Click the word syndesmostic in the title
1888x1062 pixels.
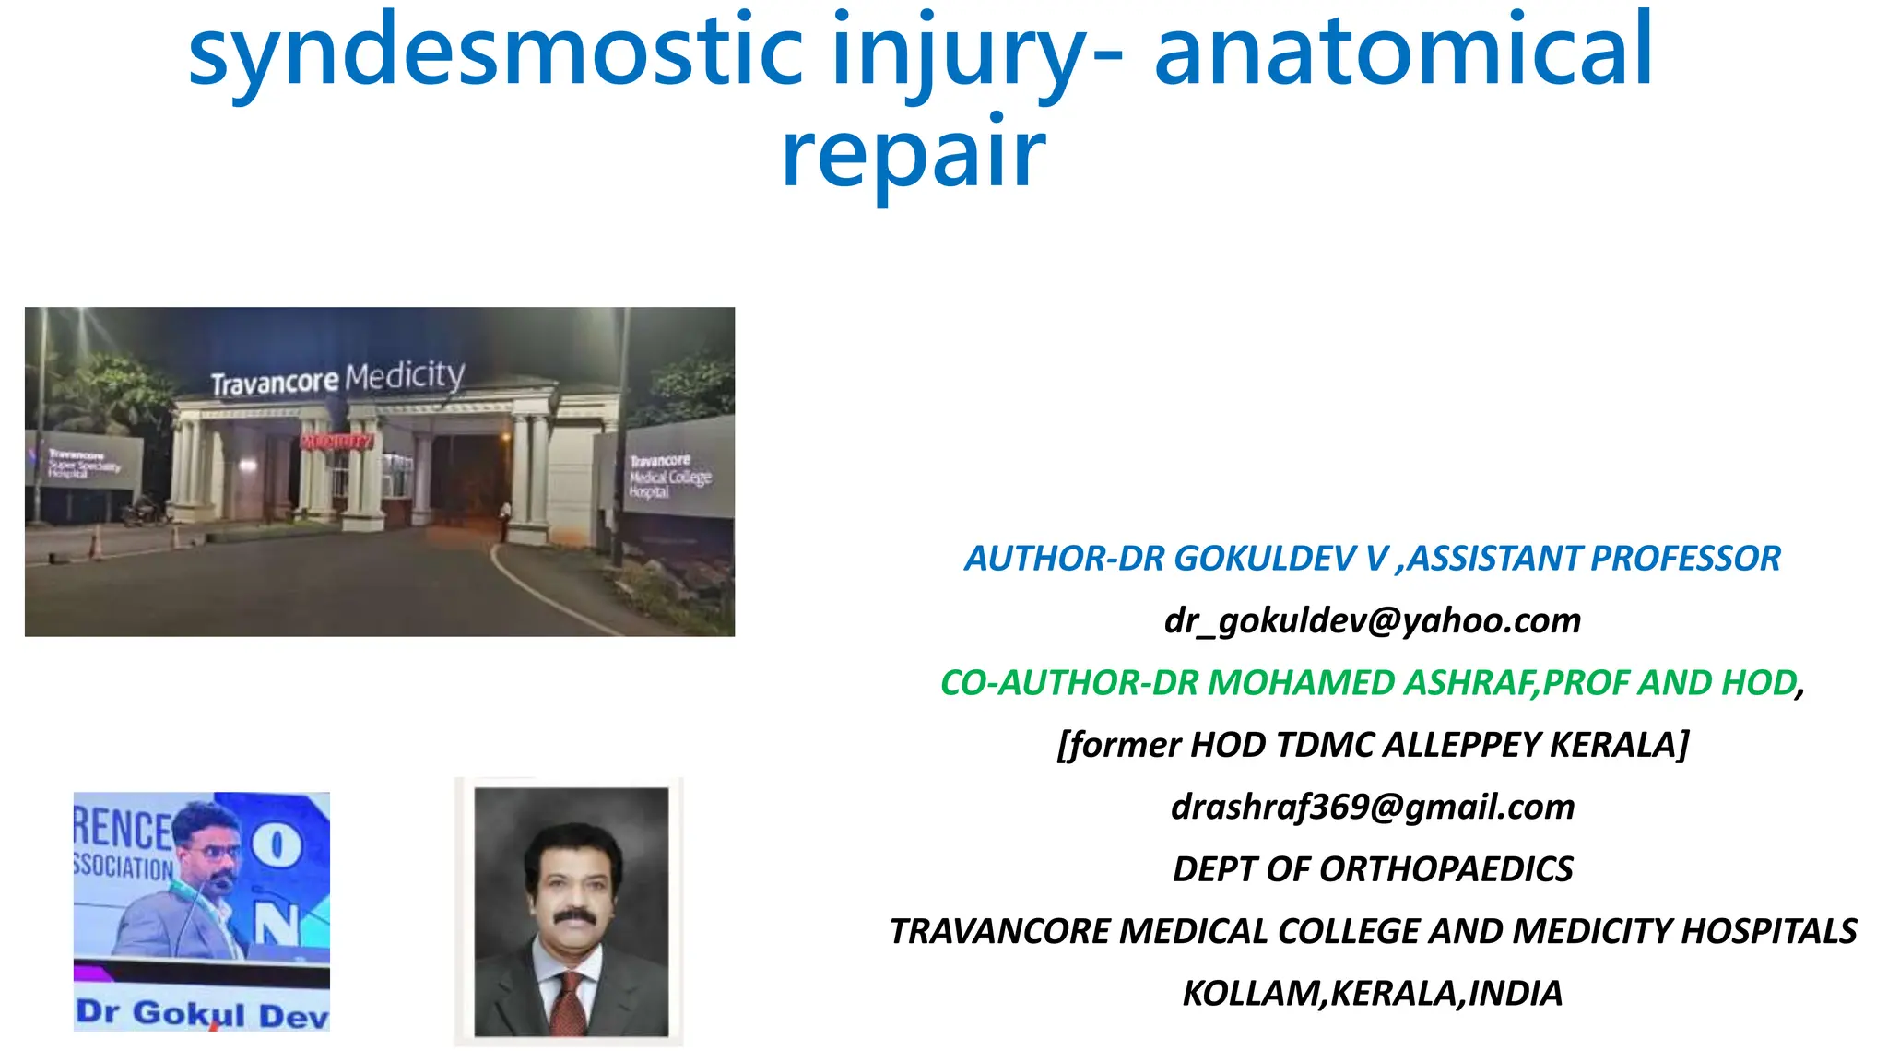click(x=496, y=53)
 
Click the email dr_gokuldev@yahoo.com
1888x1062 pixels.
click(x=1372, y=620)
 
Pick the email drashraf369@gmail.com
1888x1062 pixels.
click(x=1372, y=807)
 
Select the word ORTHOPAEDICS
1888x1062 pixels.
click(x=1446, y=869)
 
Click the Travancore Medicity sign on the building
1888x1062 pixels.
click(x=337, y=378)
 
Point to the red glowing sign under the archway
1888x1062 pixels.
click(x=337, y=442)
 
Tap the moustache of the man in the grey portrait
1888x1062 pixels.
click(x=573, y=916)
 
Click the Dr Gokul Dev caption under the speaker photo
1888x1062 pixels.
click(x=202, y=1013)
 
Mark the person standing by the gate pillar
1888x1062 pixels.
click(x=504, y=522)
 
